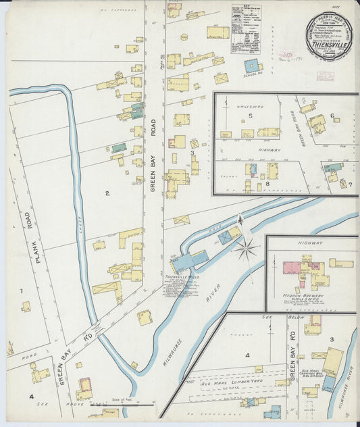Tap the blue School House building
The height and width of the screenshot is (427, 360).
tap(251, 66)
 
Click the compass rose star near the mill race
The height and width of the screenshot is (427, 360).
tap(247, 249)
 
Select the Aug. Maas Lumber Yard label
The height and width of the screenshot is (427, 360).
tap(237, 382)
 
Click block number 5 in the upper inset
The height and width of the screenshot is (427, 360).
tap(250, 116)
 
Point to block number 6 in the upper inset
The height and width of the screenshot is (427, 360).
tap(332, 116)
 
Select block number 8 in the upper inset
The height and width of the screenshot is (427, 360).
tap(267, 183)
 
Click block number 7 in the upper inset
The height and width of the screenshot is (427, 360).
tap(350, 184)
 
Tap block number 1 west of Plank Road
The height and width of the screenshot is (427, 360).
tap(21, 291)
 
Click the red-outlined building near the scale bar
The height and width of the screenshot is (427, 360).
tap(84, 388)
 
